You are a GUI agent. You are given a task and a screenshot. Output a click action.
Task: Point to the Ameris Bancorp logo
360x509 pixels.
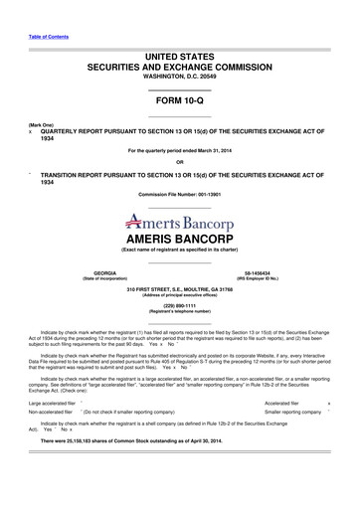pos(179,222)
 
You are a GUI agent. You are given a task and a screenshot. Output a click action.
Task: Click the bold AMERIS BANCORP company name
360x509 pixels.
pos(179,240)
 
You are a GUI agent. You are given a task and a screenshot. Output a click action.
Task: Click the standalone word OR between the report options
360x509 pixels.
pos(179,161)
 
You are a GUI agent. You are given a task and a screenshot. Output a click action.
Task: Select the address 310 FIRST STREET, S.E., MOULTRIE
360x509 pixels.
pos(179,289)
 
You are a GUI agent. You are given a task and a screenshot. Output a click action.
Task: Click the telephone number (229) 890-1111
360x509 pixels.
pos(179,306)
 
